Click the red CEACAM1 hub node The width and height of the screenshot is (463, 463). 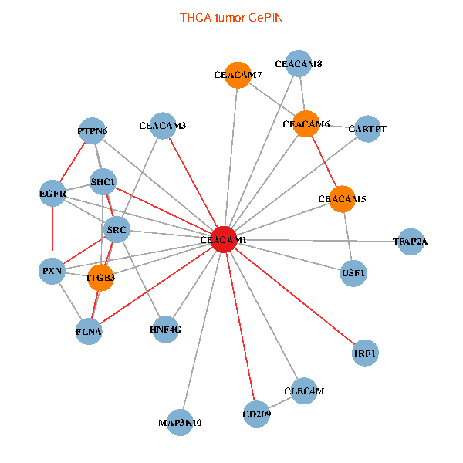223,240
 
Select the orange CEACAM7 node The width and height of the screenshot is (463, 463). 238,75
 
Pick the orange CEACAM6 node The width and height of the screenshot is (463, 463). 306,124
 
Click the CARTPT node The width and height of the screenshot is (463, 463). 367,128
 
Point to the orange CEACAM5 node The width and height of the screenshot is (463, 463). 342,199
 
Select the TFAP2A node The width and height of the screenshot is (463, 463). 410,242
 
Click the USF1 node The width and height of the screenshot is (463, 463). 353,273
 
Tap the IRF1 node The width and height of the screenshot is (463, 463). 365,353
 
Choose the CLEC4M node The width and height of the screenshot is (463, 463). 304,391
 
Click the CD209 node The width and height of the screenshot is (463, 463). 256,414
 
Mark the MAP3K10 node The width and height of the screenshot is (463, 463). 180,423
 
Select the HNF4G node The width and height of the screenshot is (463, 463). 166,329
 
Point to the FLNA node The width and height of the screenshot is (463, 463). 89,332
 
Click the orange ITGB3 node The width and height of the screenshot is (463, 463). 101,278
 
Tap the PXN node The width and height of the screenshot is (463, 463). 52,271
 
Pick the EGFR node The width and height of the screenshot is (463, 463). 52,193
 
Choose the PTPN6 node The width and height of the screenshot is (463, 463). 93,131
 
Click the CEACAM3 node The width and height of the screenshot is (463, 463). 163,125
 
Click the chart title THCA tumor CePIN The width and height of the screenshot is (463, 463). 231,17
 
